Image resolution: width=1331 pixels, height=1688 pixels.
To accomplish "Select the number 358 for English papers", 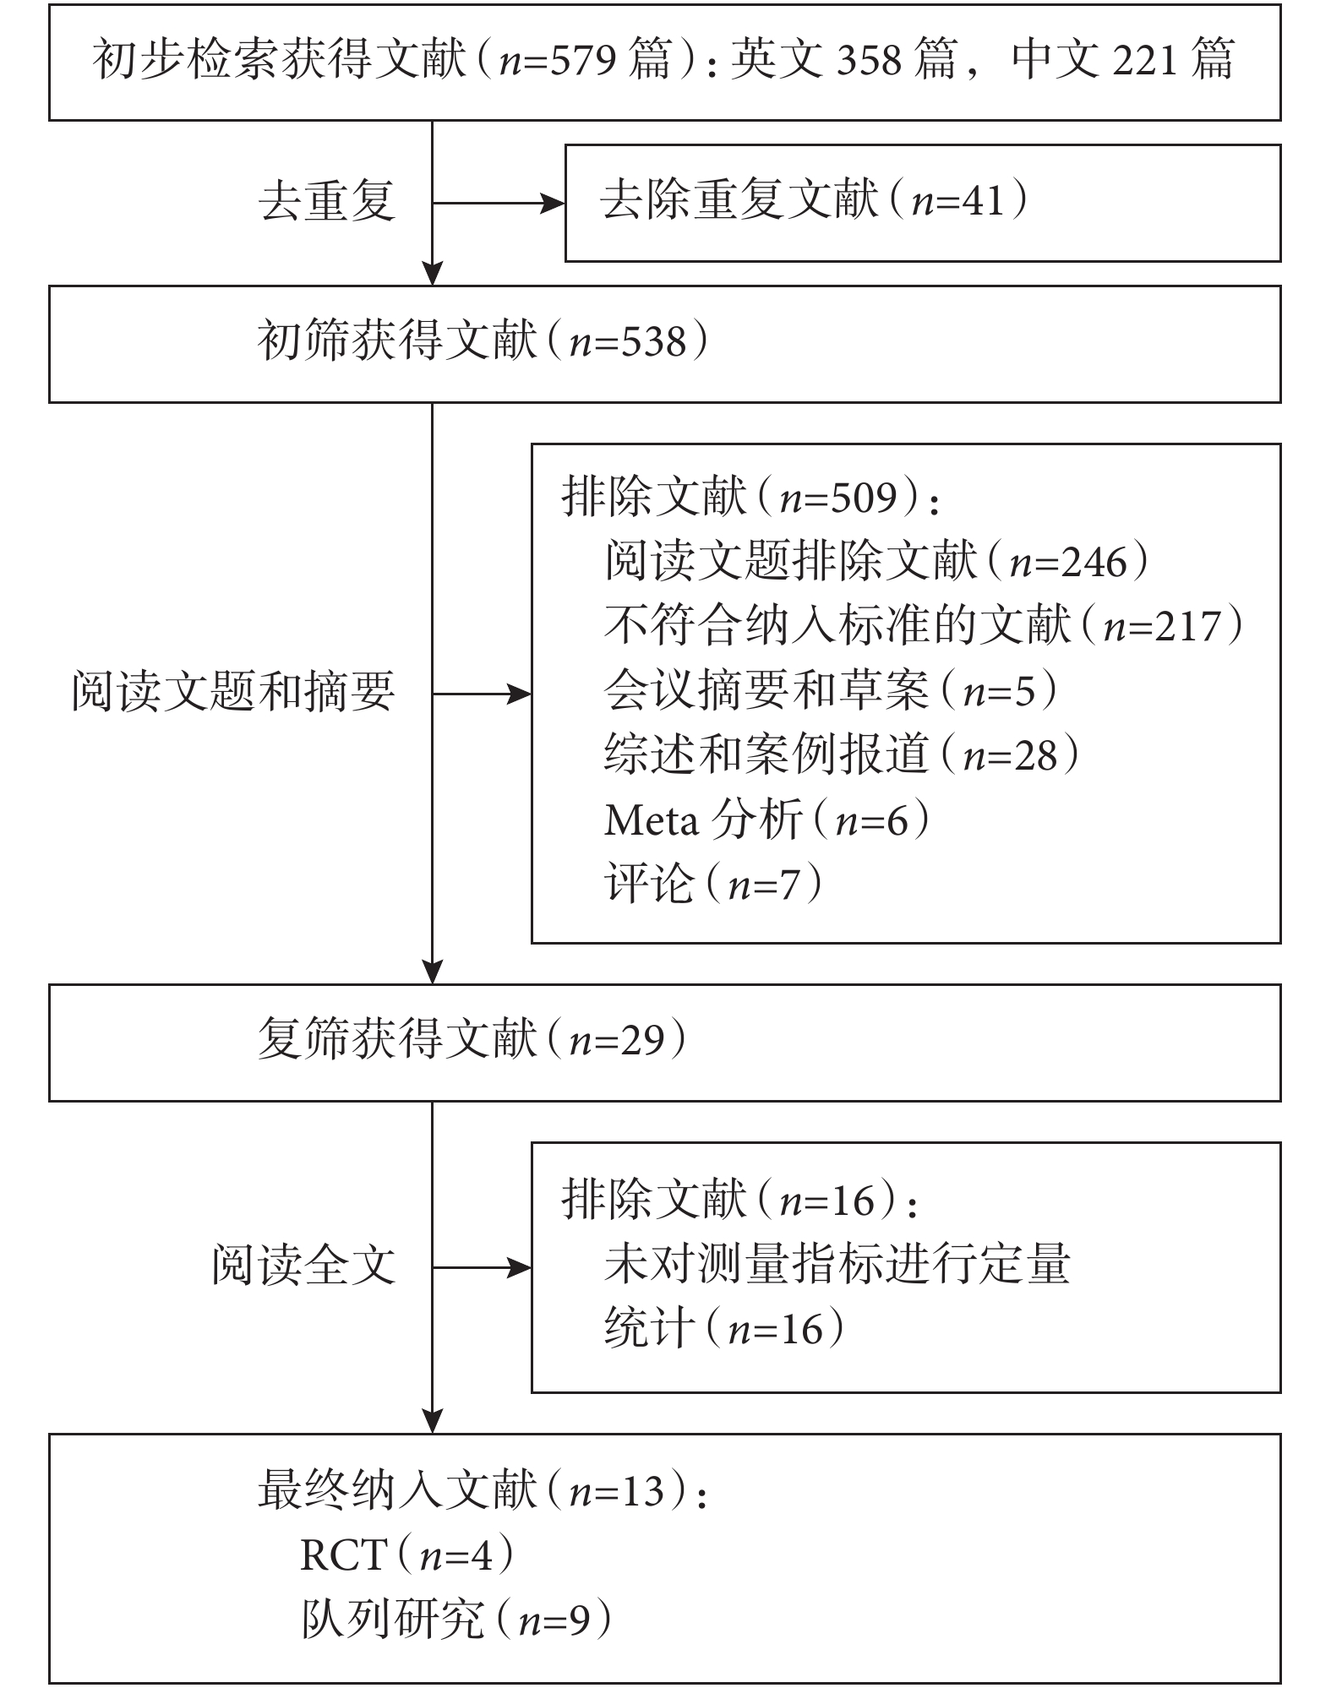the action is [869, 60].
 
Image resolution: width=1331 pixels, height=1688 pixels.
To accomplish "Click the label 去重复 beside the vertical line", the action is [326, 202].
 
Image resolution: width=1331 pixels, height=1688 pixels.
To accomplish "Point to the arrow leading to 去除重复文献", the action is [499, 203].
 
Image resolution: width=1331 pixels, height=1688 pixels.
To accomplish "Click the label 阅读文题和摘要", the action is [233, 692].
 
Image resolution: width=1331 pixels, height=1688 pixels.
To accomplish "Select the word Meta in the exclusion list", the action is [652, 819].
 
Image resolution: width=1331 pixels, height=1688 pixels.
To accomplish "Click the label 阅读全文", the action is [303, 1266].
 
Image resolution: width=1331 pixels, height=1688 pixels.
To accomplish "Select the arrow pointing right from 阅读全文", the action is [482, 1267].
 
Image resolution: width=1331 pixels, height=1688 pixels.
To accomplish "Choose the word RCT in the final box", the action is [344, 1555].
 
